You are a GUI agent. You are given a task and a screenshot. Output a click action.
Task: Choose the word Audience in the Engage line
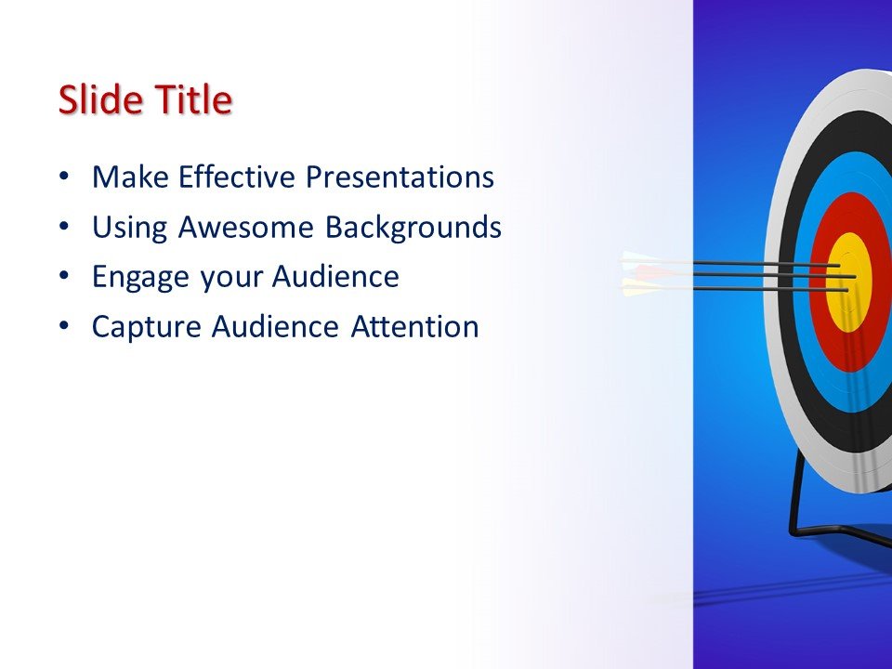point(335,277)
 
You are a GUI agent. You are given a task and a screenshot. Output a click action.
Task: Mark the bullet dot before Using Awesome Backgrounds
point(62,227)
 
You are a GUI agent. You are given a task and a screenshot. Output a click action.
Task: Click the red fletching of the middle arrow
point(650,273)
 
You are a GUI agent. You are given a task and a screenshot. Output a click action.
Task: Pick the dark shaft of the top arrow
point(743,264)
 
